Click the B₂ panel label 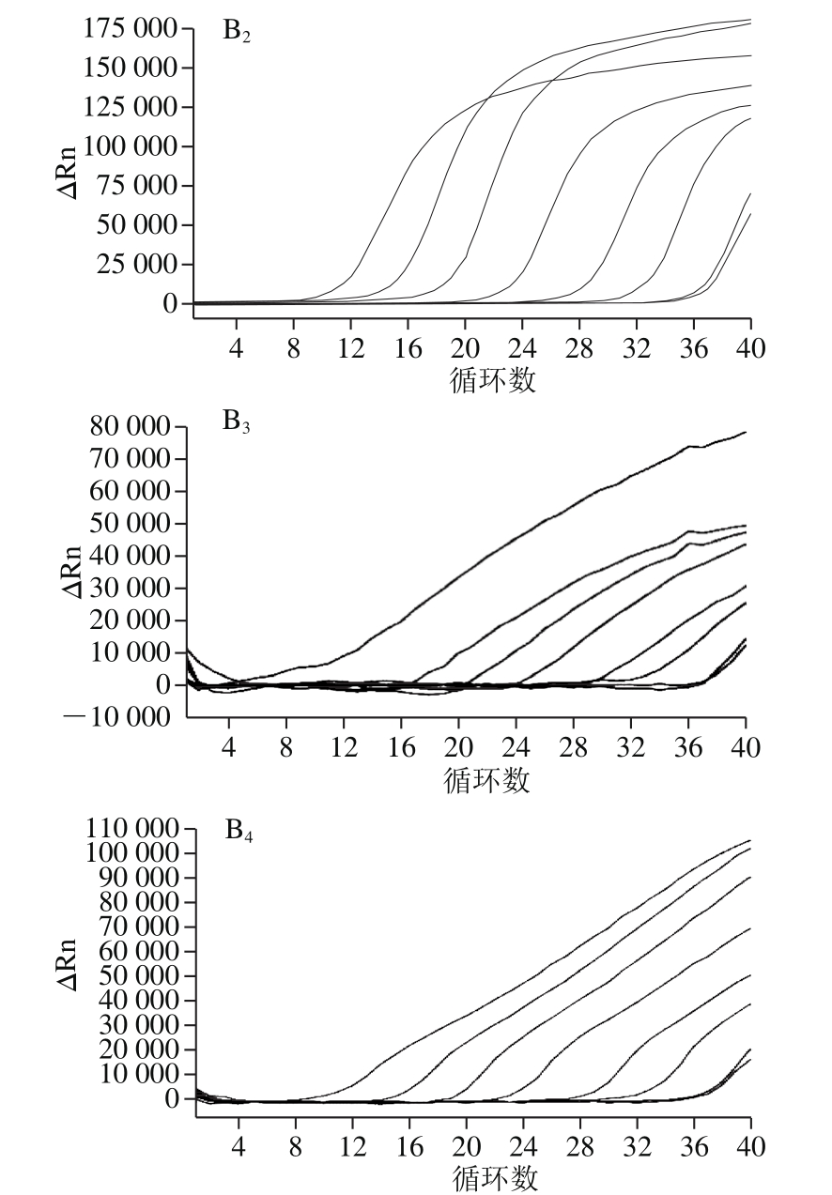236,32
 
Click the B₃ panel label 236,421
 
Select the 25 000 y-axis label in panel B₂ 137,265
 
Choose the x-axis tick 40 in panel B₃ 746,749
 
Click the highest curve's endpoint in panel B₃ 746,433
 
